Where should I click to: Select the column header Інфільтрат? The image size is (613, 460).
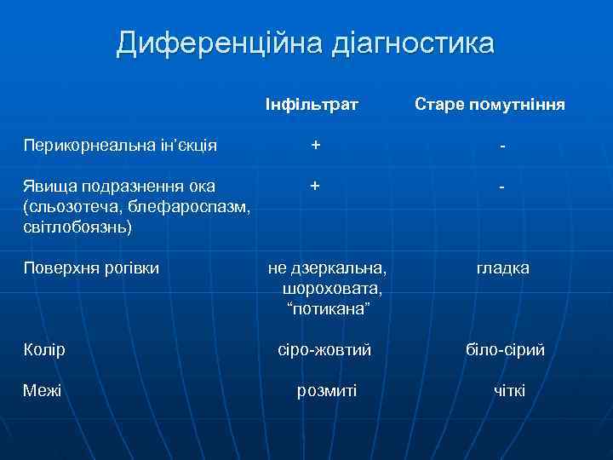(x=312, y=105)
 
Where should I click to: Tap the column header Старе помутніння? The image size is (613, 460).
(x=490, y=105)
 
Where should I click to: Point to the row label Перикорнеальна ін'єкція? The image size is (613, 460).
(x=120, y=146)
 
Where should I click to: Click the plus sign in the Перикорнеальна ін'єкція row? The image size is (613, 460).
(x=316, y=146)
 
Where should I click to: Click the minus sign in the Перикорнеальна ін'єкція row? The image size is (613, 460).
(x=504, y=147)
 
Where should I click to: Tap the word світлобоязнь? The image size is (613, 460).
(x=77, y=228)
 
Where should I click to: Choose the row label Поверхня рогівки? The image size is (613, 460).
(x=91, y=268)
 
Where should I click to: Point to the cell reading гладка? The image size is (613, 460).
(x=503, y=268)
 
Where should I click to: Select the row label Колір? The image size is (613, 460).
(x=44, y=350)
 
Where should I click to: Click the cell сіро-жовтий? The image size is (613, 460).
(x=326, y=350)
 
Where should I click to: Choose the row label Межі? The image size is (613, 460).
(x=43, y=391)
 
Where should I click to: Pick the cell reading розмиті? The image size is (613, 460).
(x=327, y=391)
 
